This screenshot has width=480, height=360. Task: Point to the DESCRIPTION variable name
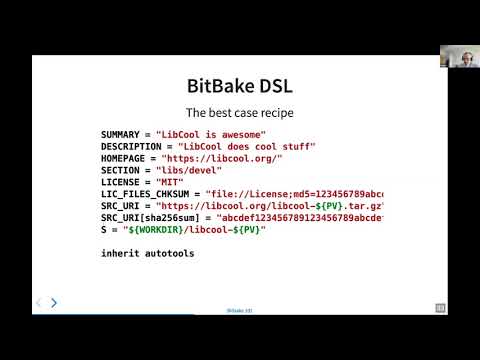click(x=131, y=146)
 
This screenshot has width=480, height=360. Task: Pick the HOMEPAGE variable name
click(x=126, y=158)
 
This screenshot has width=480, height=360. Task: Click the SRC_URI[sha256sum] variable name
click(x=152, y=218)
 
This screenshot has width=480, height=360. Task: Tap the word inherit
click(x=120, y=254)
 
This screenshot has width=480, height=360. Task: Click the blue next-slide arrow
click(x=54, y=302)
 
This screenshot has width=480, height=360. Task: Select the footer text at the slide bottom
click(x=239, y=311)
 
